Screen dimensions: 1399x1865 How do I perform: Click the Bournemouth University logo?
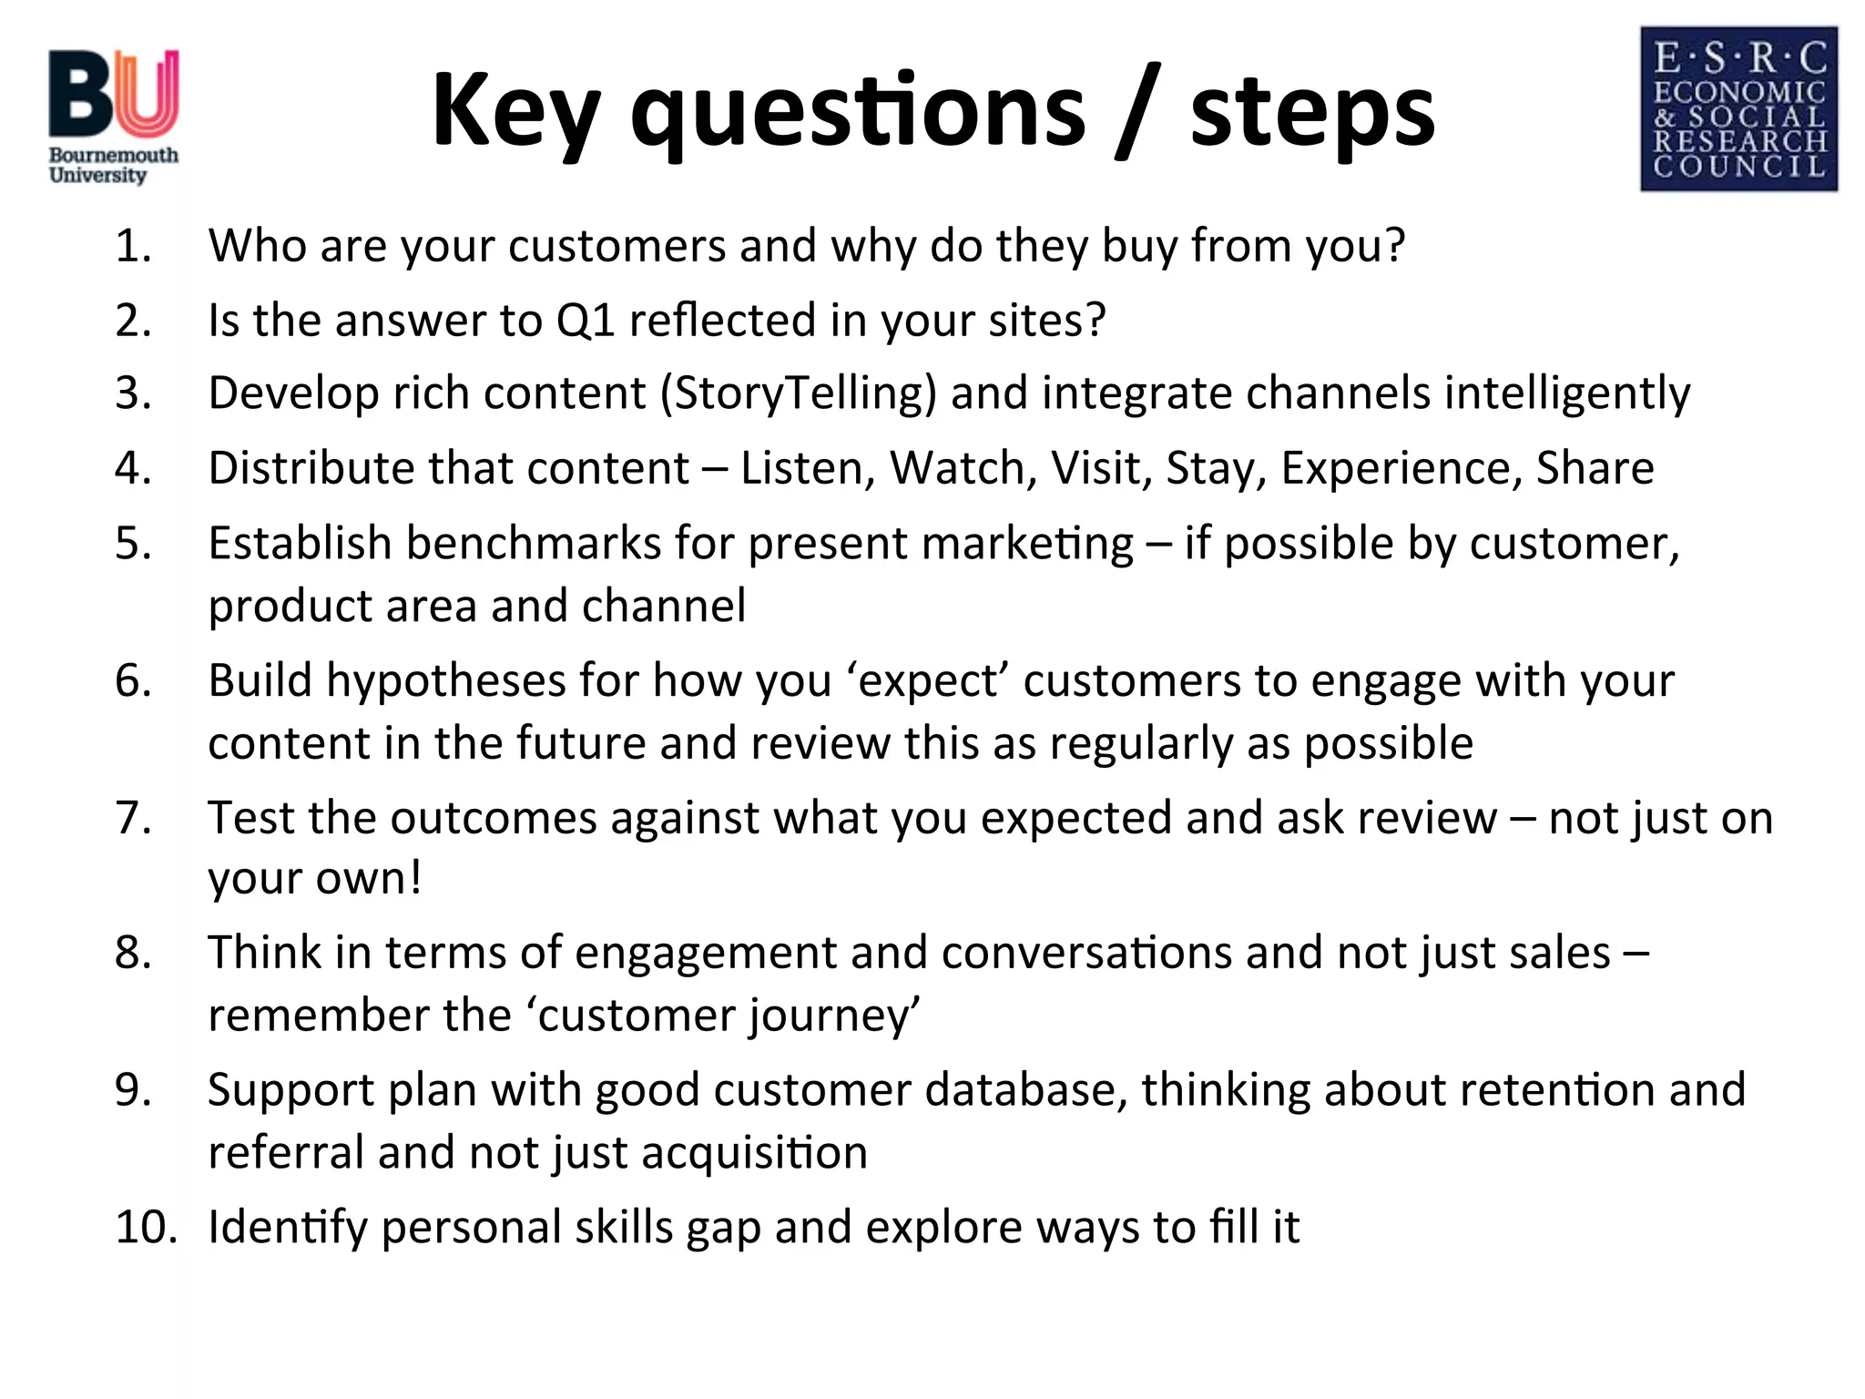point(114,117)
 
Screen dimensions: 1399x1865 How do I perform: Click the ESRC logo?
point(1738,109)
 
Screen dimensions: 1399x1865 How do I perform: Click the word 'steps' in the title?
point(1312,111)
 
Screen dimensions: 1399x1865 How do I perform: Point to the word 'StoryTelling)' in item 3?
point(799,393)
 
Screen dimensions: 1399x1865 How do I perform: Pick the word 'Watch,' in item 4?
point(963,468)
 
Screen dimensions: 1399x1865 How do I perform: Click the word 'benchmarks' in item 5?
point(534,544)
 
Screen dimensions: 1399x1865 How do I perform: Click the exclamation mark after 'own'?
point(415,877)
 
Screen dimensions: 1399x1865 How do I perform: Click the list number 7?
point(133,818)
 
